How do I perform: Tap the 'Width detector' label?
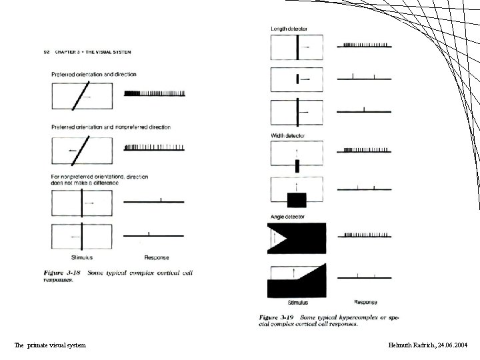point(288,136)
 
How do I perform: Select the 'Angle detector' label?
point(287,217)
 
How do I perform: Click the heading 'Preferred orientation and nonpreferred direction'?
point(111,127)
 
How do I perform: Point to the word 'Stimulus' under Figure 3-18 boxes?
point(82,257)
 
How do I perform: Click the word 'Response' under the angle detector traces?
point(365,302)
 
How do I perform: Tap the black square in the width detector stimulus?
point(296,199)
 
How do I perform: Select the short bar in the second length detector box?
point(297,79)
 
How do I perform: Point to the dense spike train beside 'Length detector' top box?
point(364,45)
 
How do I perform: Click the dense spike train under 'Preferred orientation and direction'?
point(155,93)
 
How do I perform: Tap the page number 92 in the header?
point(46,52)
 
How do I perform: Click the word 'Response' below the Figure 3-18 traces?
point(157,257)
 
